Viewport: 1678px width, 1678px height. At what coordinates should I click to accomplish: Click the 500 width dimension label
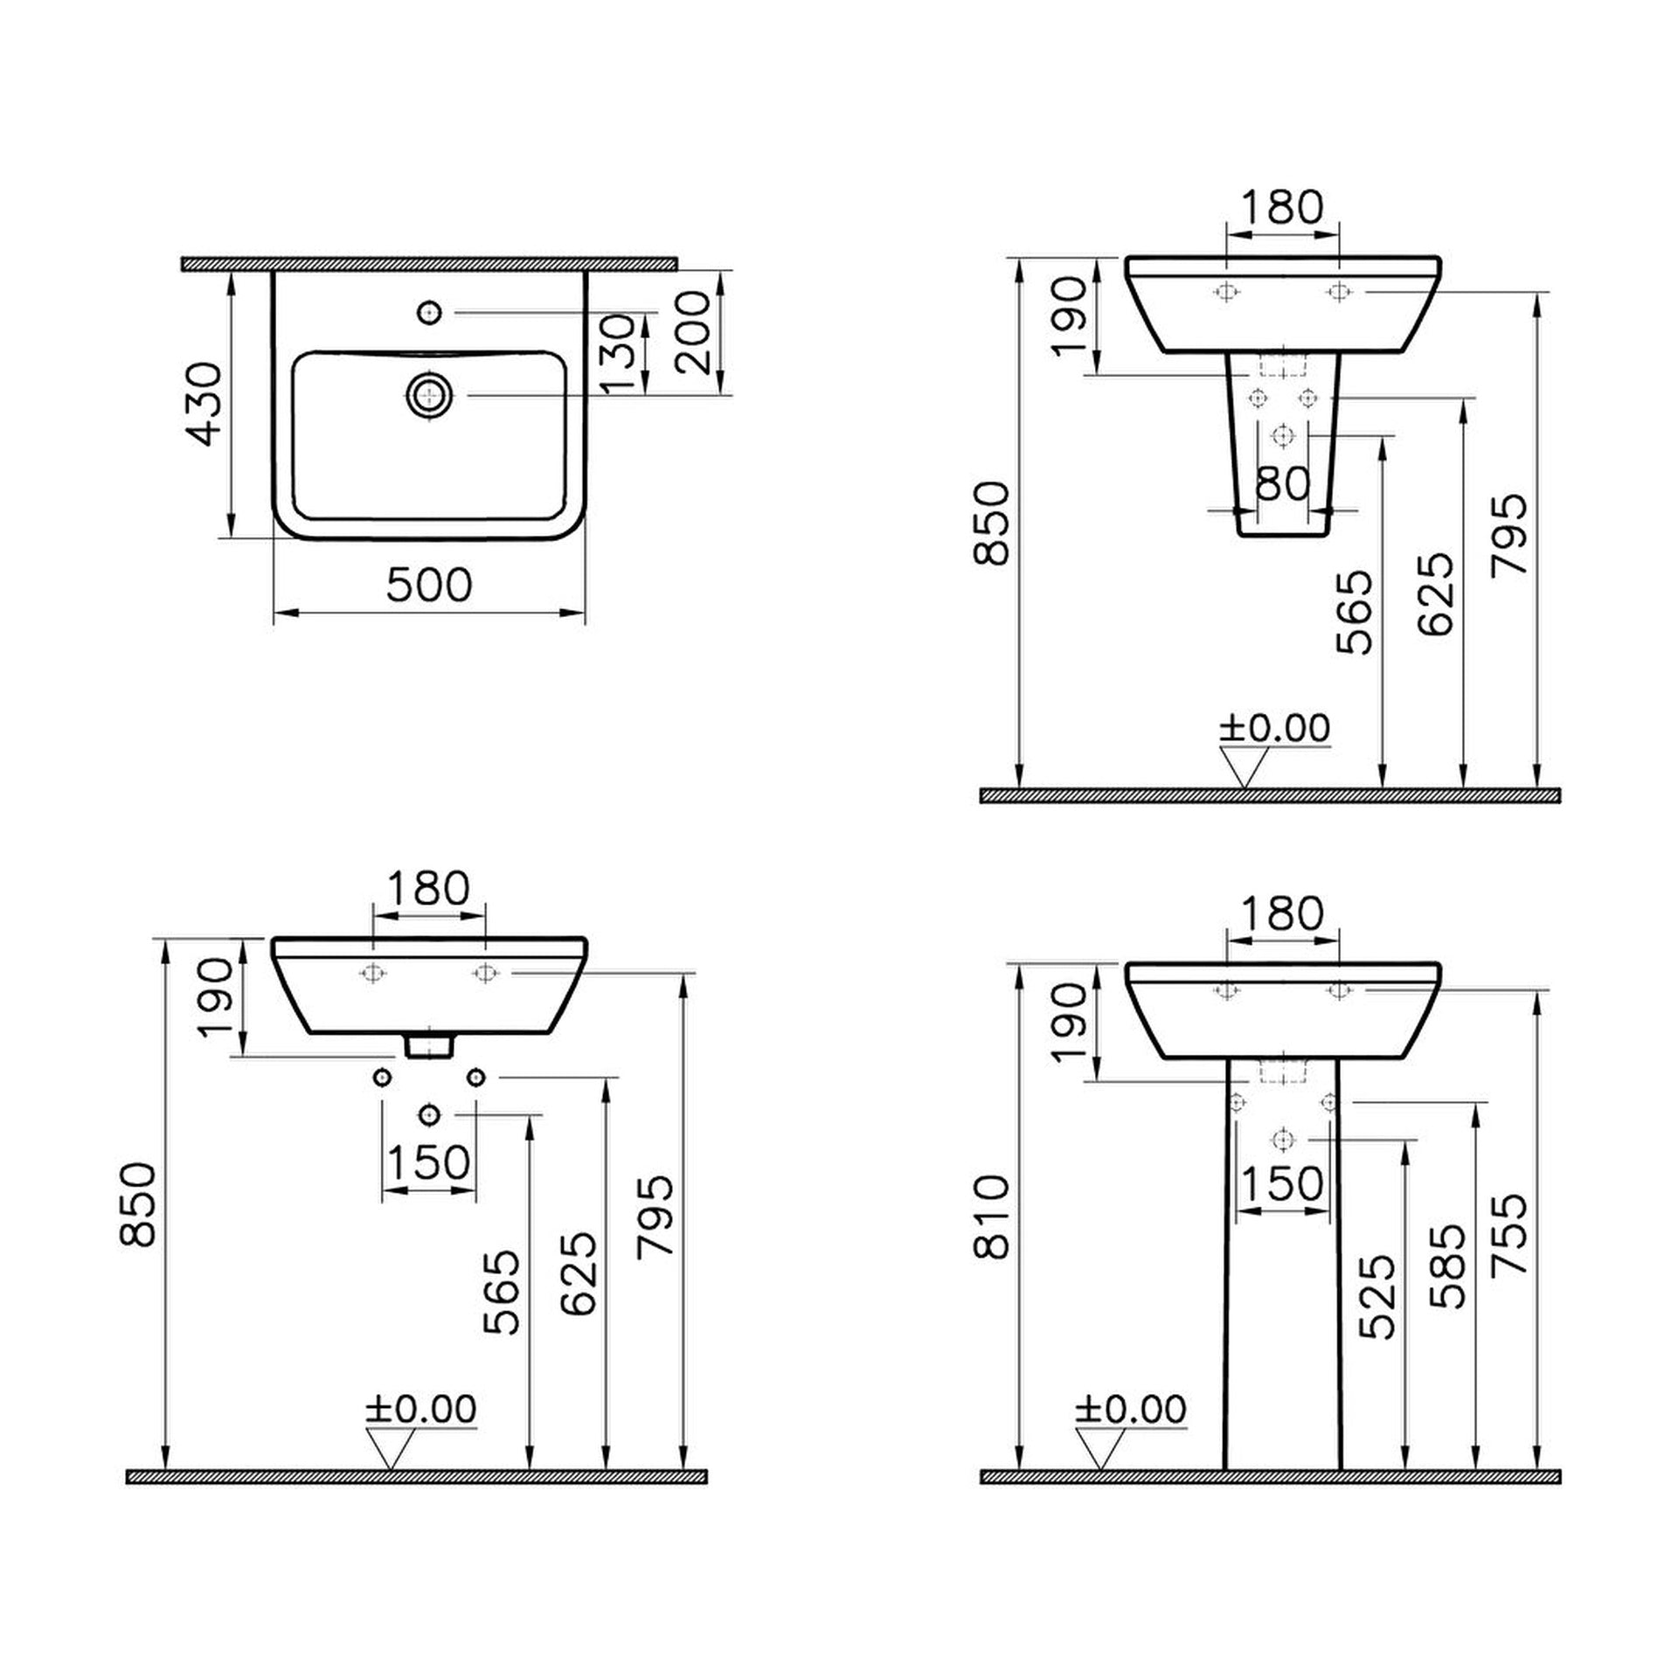pyautogui.click(x=429, y=585)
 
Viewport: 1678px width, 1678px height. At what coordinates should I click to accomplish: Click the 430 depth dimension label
pyautogui.click(x=207, y=404)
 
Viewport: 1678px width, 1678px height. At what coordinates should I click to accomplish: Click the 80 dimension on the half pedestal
pyautogui.click(x=1282, y=482)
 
